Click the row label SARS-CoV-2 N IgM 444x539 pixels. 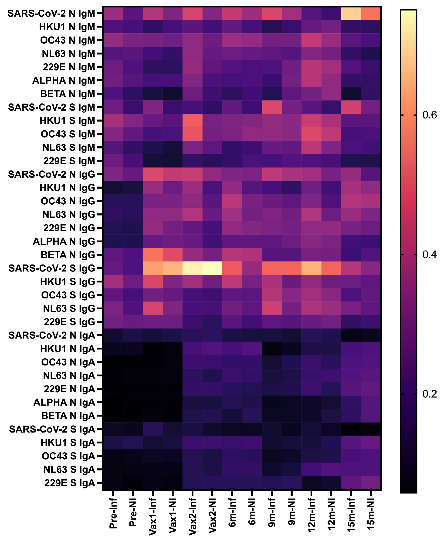point(51,13)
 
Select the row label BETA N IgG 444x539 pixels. point(68,255)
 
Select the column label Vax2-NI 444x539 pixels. point(212,515)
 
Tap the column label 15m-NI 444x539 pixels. point(371,514)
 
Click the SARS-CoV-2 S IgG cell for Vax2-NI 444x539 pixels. point(212,268)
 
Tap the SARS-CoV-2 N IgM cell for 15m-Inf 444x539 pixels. point(351,13)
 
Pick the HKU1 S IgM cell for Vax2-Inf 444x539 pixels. point(192,121)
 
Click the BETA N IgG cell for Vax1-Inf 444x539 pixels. point(153,255)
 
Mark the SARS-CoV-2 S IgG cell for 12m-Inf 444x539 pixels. point(312,268)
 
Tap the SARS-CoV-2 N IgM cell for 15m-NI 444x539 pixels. point(371,13)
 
